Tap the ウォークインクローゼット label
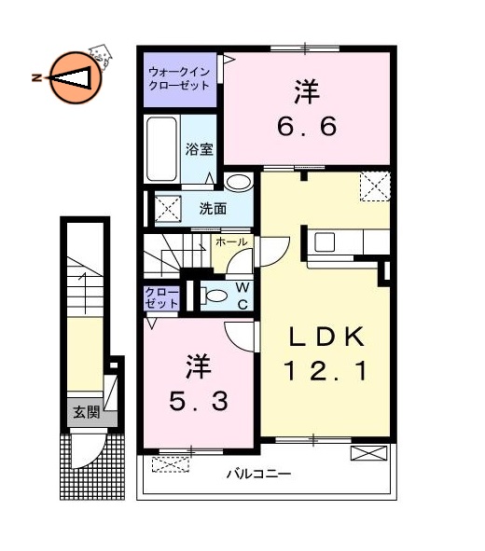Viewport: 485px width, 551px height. [180, 78]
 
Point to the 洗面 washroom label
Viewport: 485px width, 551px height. [213, 208]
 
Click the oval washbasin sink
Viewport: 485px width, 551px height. [238, 183]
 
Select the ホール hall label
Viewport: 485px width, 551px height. [231, 241]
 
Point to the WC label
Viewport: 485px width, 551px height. [241, 296]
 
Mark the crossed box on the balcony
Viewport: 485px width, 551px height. [367, 453]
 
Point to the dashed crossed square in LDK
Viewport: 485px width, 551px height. [375, 187]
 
